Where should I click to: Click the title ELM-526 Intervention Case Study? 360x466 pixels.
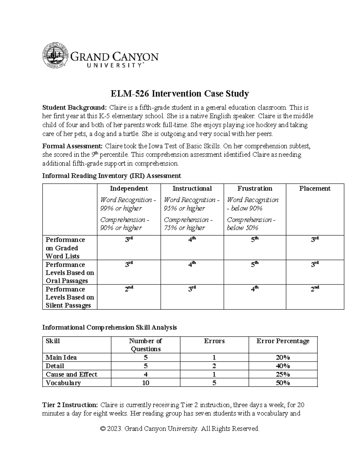pyautogui.click(x=180, y=94)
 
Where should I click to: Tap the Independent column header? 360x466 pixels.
pyautogui.click(x=129, y=188)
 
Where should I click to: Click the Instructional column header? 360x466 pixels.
pyautogui.click(x=192, y=188)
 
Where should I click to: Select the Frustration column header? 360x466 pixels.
pyautogui.click(x=255, y=188)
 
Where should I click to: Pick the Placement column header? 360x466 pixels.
pyautogui.click(x=315, y=188)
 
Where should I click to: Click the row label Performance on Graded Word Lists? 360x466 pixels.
pyautogui.click(x=65, y=248)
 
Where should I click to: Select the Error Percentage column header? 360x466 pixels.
pyautogui.click(x=283, y=341)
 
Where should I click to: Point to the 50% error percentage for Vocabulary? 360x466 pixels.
pyautogui.click(x=283, y=383)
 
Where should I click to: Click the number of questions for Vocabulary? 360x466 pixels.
pyautogui.click(x=145, y=383)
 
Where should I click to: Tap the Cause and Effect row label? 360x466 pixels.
pyautogui.click(x=71, y=374)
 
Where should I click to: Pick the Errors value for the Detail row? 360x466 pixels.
pyautogui.click(x=214, y=366)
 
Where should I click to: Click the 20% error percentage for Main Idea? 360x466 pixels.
pyautogui.click(x=283, y=358)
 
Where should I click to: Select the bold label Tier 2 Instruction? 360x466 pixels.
pyautogui.click(x=70, y=405)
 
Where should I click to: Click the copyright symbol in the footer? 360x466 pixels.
pyautogui.click(x=103, y=429)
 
